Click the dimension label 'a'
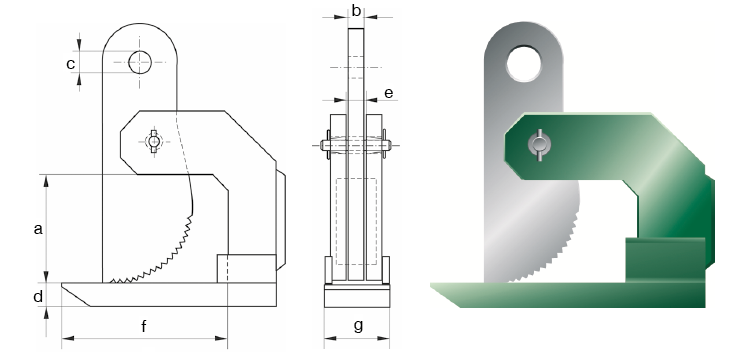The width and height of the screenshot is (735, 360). [38, 229]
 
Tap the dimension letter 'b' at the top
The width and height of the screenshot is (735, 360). [356, 10]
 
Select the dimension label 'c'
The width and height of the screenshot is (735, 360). [70, 63]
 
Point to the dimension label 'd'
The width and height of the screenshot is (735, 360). [38, 296]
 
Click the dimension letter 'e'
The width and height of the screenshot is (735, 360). [389, 93]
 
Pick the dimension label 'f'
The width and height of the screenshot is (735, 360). [144, 325]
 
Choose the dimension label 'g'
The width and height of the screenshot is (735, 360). [358, 325]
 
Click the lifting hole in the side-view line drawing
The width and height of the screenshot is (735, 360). [140, 62]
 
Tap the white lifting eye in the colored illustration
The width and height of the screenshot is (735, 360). [524, 64]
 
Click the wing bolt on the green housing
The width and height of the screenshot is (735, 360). [540, 145]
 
